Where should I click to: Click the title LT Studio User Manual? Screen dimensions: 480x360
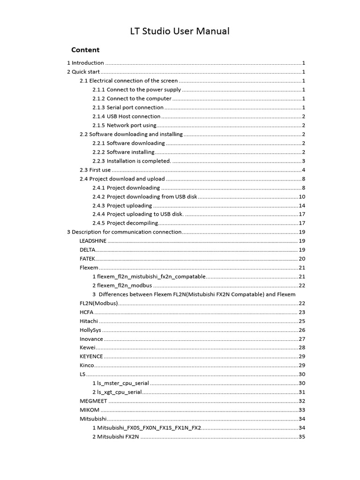coord(180,31)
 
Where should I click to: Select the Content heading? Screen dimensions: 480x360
coord(85,50)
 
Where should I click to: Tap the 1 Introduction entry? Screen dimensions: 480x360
coord(85,63)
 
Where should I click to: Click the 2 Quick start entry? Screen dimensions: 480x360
coord(83,72)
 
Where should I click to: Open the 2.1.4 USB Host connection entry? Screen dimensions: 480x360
coord(127,116)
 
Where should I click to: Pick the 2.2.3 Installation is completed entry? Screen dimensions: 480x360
coord(132,161)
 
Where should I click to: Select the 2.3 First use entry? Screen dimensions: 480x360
coord(96,170)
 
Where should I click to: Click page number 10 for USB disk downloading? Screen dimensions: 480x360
coord(302,196)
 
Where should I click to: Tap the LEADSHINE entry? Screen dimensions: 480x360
coord(93,241)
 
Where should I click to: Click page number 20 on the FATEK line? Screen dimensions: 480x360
coord(302,259)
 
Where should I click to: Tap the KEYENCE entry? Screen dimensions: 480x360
coord(91,357)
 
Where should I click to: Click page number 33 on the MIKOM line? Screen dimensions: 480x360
coord(302,410)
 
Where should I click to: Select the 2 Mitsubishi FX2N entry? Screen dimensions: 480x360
coord(115,437)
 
